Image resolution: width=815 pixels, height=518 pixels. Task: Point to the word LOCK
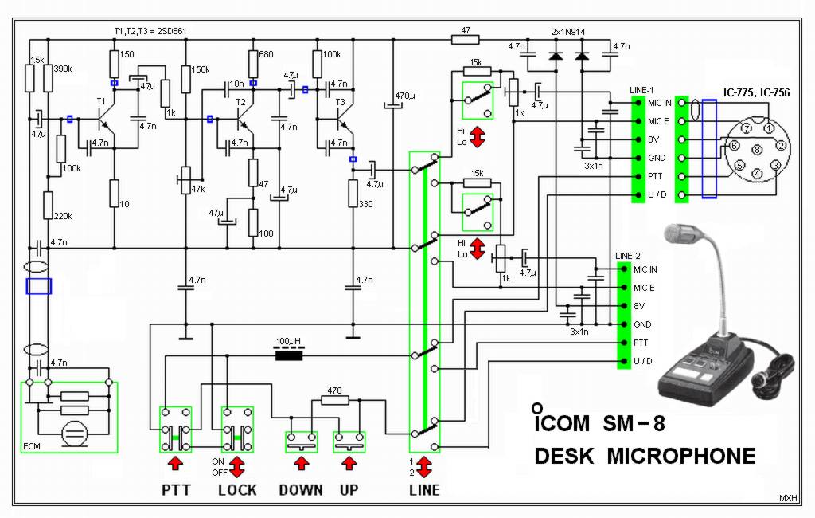(x=237, y=490)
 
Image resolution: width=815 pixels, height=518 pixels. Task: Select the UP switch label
(x=349, y=490)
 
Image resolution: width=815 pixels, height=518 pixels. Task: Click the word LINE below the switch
(x=423, y=490)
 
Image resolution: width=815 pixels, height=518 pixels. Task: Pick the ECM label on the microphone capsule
(x=33, y=446)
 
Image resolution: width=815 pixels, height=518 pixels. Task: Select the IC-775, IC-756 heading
(x=756, y=93)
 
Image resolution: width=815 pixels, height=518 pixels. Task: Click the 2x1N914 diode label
(x=569, y=31)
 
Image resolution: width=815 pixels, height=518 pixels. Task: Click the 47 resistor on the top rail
(x=466, y=37)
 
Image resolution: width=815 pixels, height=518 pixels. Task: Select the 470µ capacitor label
(x=404, y=96)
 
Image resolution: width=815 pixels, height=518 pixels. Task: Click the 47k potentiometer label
(x=199, y=189)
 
